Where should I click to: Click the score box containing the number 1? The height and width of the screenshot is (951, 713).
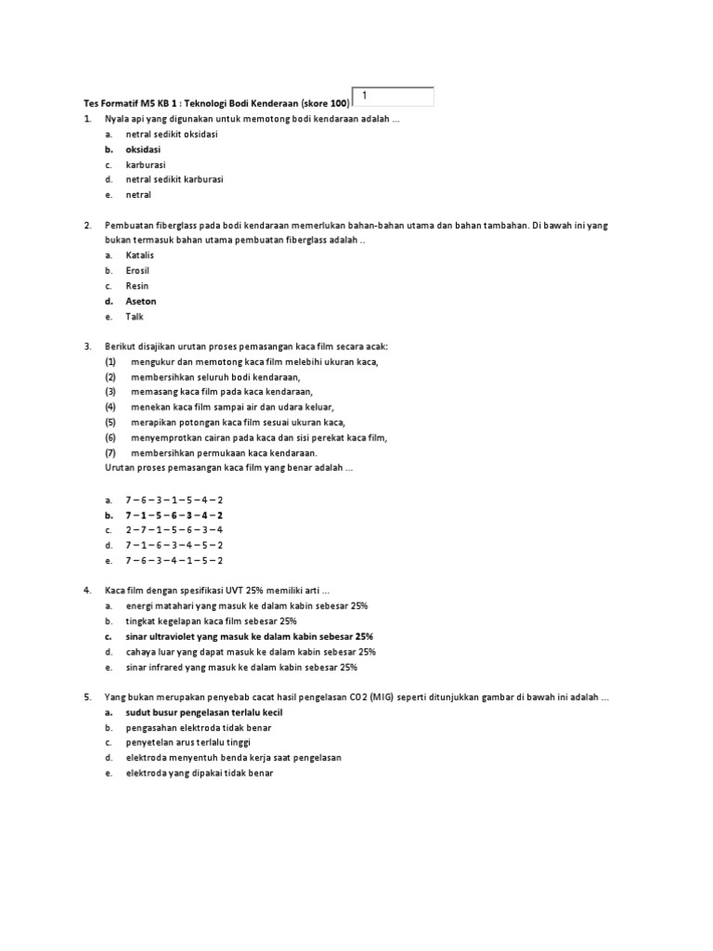point(393,97)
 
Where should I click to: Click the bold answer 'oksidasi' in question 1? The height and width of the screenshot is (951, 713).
point(143,150)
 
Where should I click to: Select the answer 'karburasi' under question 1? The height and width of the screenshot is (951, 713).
point(146,164)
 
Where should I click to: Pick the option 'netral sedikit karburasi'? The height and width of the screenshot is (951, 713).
point(175,179)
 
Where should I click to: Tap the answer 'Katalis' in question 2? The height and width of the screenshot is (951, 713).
point(140,255)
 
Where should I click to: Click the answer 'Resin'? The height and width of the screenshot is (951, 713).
point(137,286)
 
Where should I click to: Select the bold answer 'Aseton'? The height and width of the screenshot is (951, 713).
point(141,301)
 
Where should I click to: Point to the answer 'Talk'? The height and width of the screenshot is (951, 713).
point(135,317)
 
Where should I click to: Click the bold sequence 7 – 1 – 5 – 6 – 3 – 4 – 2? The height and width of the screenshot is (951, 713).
point(175,515)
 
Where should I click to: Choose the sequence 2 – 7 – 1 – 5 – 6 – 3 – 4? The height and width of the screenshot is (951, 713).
point(175,529)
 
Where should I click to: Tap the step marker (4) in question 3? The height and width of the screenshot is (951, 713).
point(110,407)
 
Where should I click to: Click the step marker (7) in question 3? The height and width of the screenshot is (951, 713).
point(110,452)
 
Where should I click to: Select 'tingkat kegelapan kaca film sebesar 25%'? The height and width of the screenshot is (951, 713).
point(212,620)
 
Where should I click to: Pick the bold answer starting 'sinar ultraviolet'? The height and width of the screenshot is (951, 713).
point(250,636)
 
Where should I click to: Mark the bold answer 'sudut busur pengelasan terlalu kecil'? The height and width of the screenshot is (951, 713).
point(204,712)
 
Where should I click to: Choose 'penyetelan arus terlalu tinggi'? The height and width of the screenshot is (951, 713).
point(188,742)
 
